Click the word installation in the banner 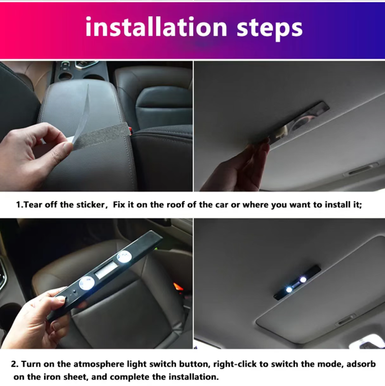point(156,27)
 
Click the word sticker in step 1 point(90,204)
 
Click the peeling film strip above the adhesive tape point(79,113)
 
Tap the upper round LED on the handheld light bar point(124,257)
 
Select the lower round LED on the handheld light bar point(87,284)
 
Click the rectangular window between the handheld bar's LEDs point(106,270)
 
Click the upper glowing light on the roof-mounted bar point(303,280)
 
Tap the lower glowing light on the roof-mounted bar point(289,289)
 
